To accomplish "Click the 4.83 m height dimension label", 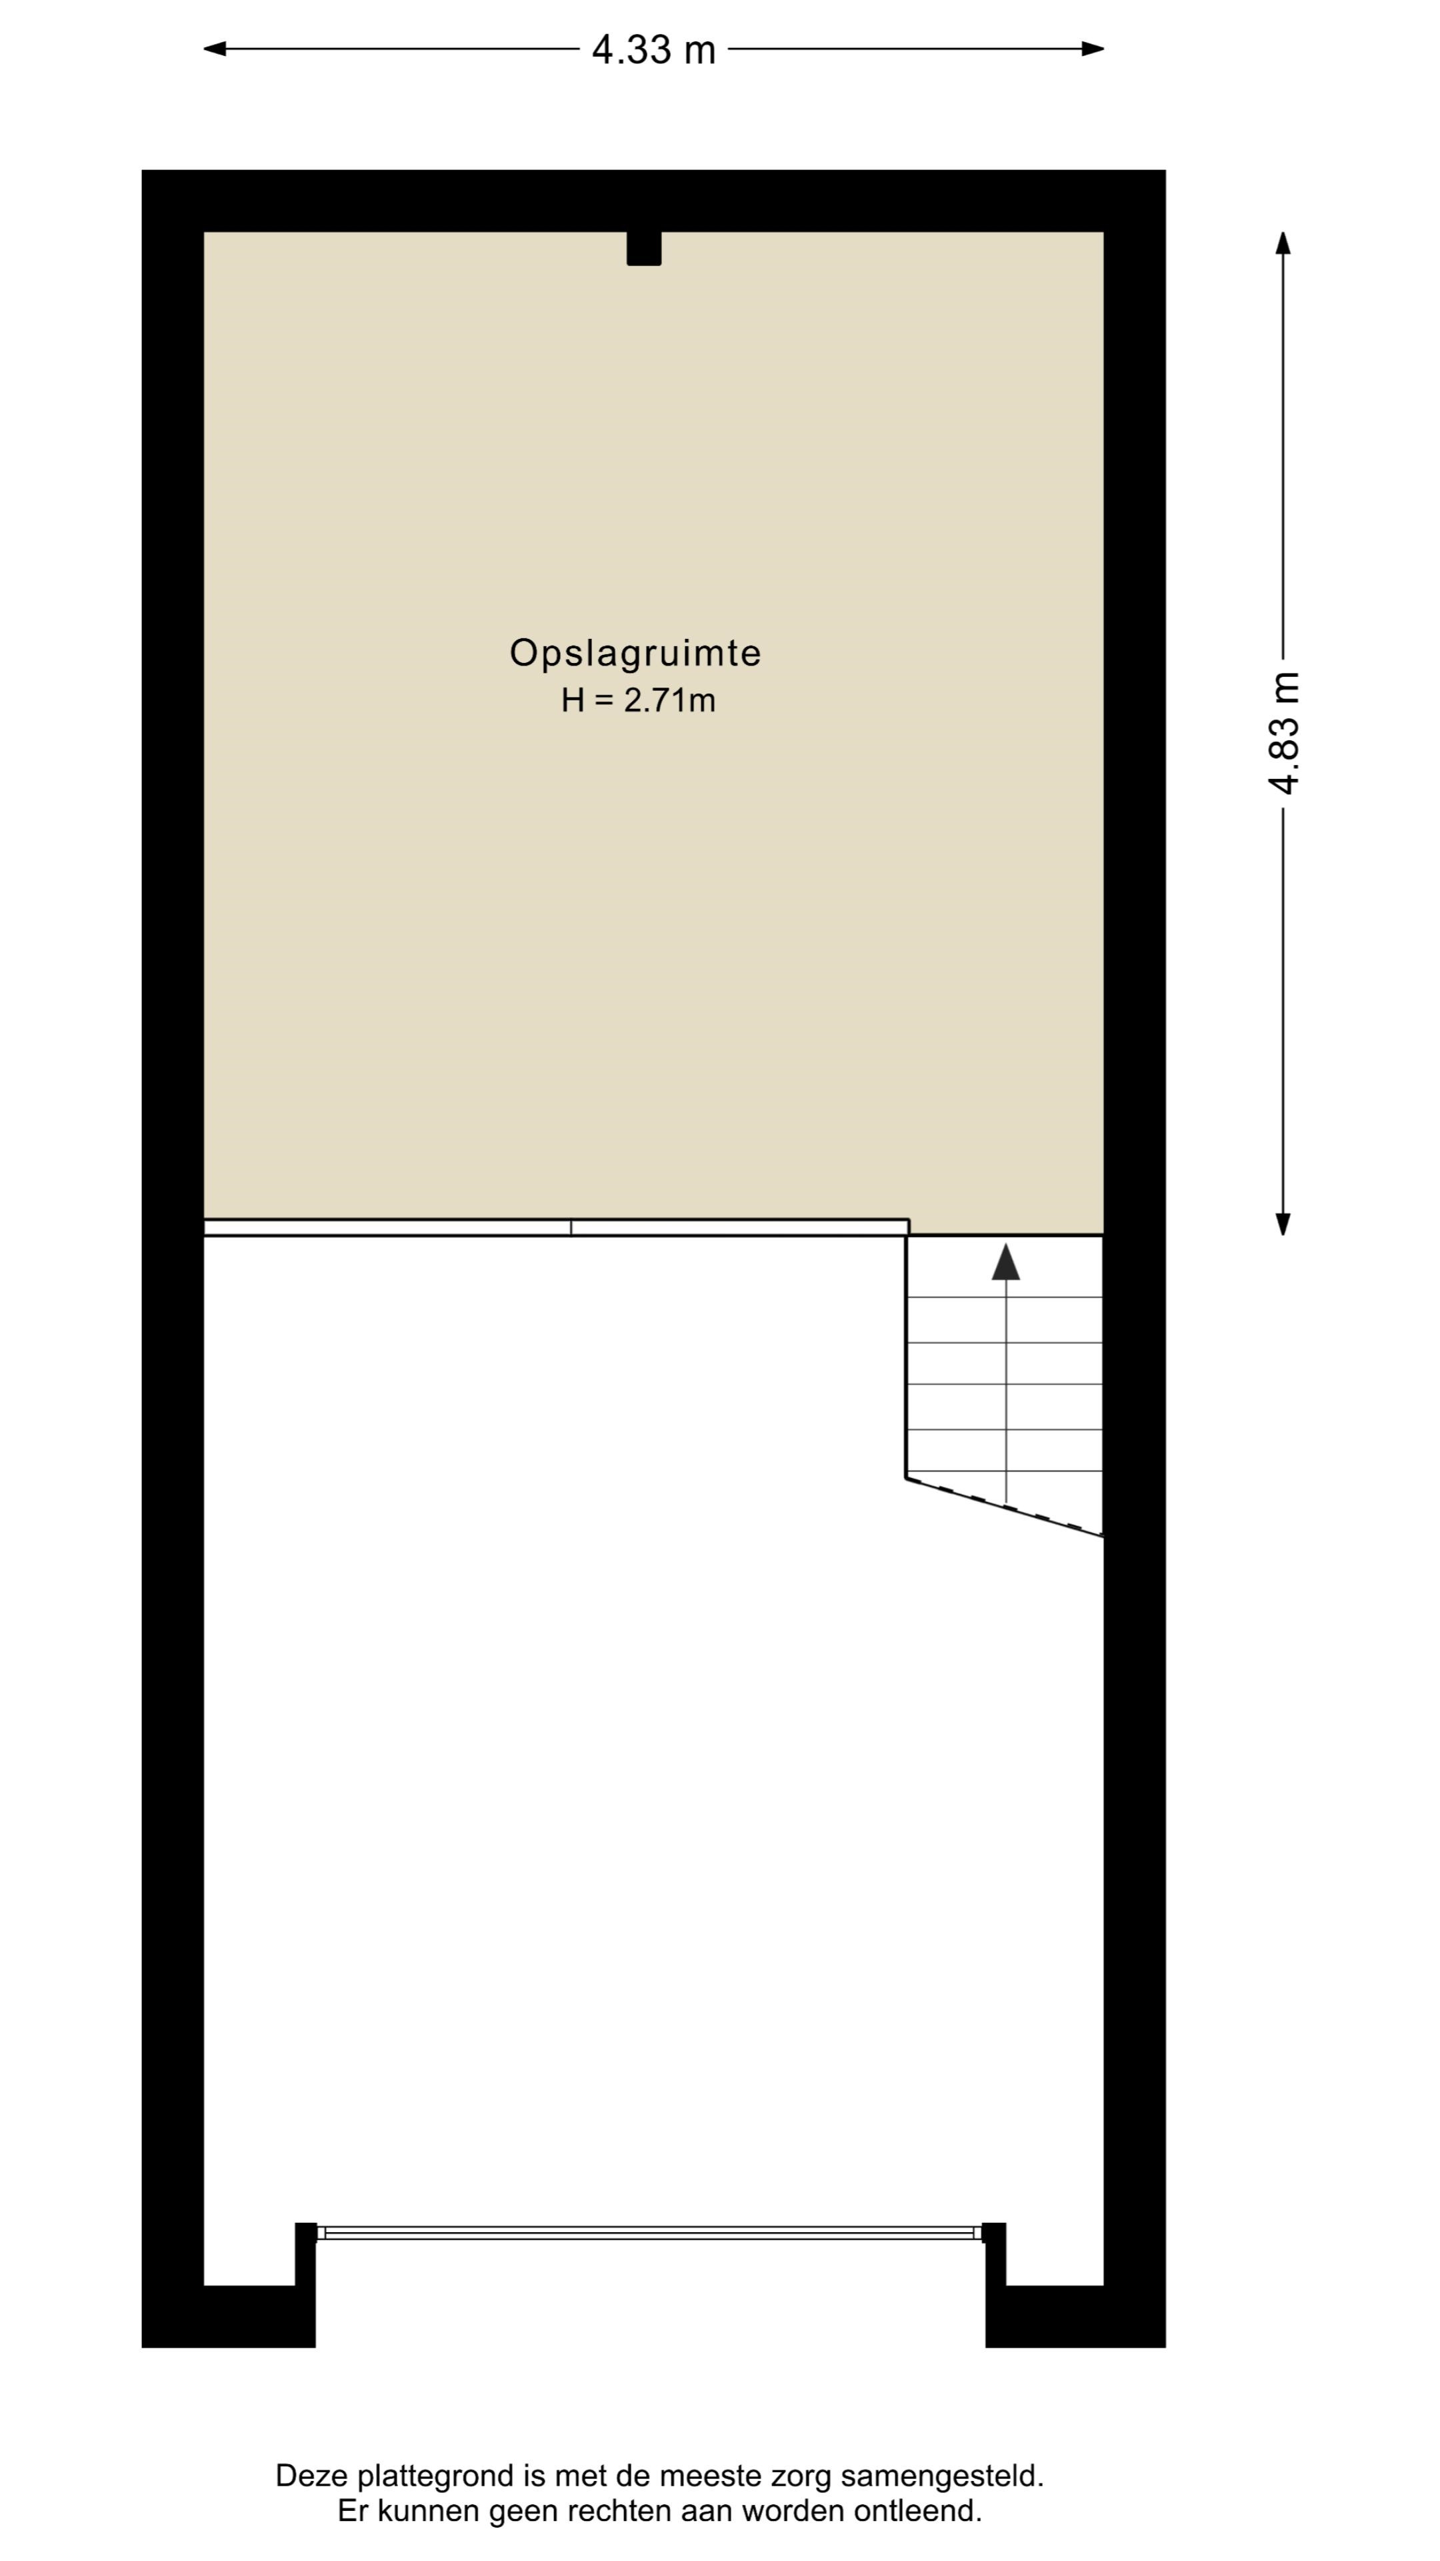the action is pos(1284,734).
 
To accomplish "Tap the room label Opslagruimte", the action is pos(635,653).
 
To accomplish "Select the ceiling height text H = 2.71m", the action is pos(638,701).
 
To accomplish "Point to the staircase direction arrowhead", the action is pos(1006,1262).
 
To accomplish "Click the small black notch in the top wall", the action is pos(644,249).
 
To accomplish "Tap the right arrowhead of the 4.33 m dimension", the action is pos(1093,49).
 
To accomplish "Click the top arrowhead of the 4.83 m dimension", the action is pos(1283,243).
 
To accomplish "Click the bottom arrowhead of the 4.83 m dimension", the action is pos(1283,1224).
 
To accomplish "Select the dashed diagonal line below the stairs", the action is pos(1005,1507).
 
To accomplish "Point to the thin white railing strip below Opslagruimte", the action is pos(557,1228).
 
